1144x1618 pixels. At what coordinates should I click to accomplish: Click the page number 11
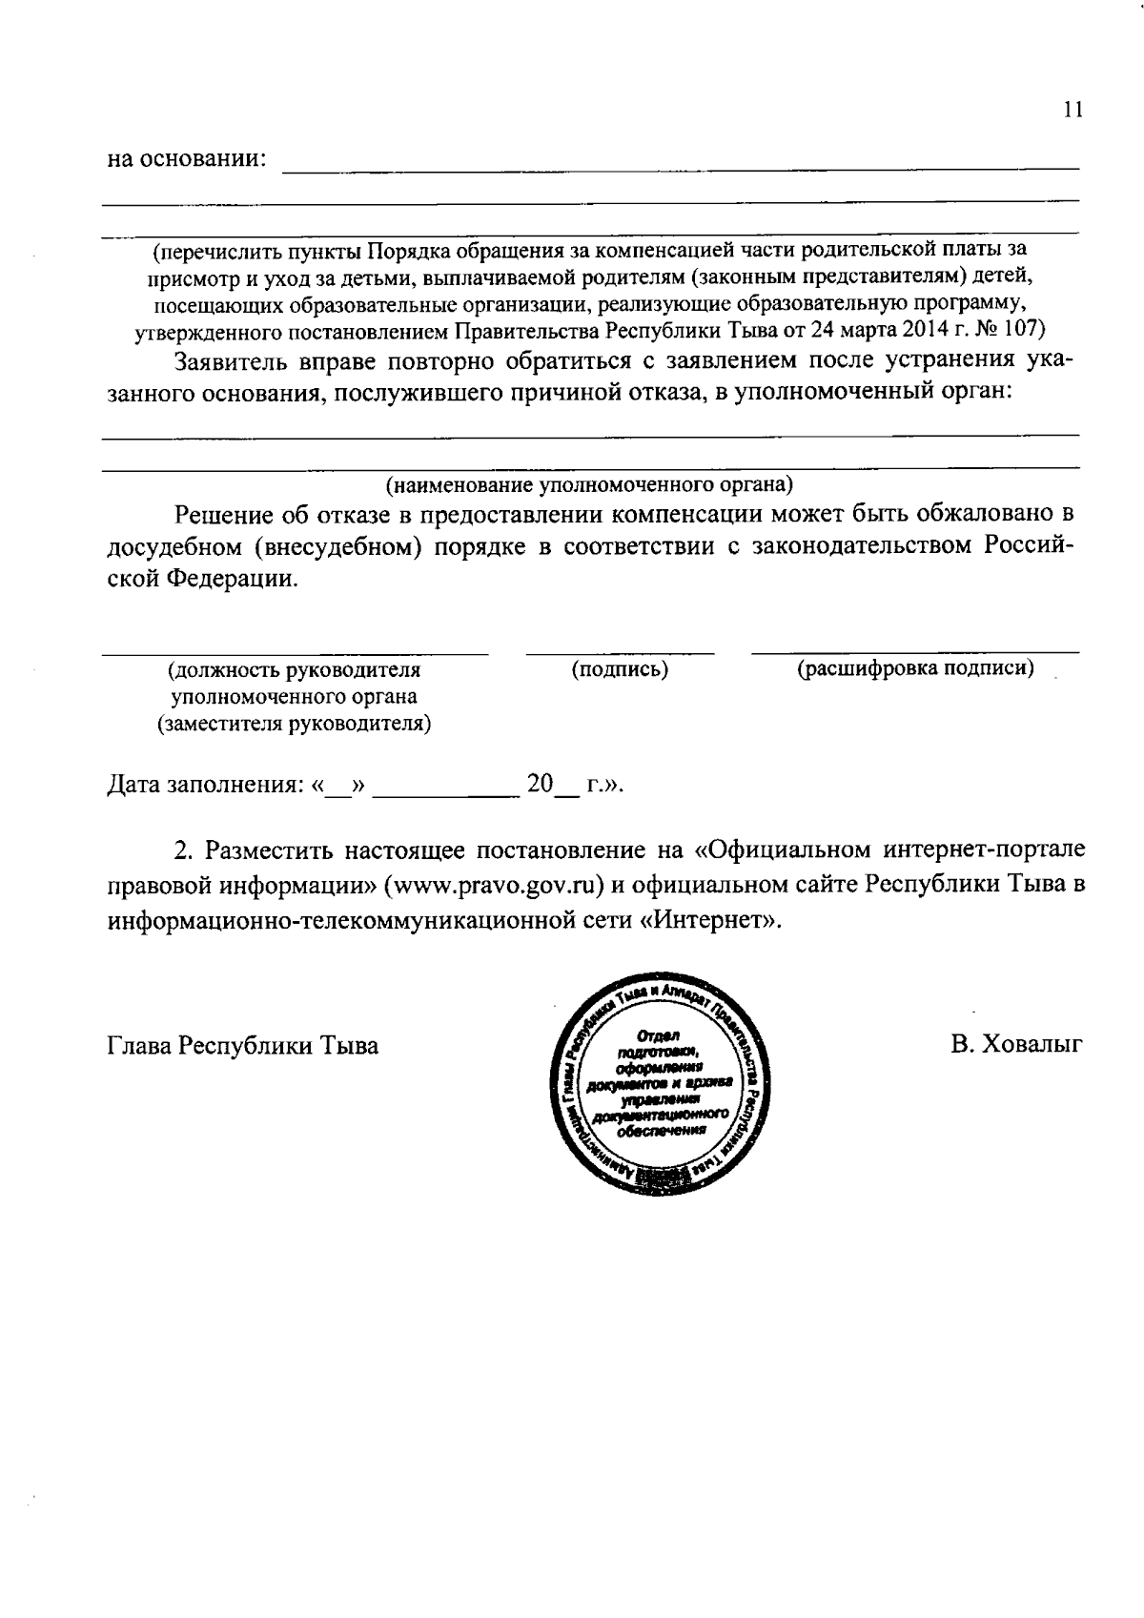(x=1072, y=110)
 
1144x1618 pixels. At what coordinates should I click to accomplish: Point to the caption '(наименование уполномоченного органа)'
(x=589, y=484)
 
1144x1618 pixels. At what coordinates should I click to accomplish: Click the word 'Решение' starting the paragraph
(x=224, y=515)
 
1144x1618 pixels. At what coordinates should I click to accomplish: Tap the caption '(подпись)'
(x=620, y=669)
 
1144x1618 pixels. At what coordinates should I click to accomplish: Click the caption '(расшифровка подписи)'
(x=915, y=667)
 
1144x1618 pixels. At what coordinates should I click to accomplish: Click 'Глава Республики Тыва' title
(x=242, y=1046)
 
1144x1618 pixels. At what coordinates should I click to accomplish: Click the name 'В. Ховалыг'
(x=1016, y=1044)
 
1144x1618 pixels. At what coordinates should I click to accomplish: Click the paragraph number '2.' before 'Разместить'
(x=184, y=849)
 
